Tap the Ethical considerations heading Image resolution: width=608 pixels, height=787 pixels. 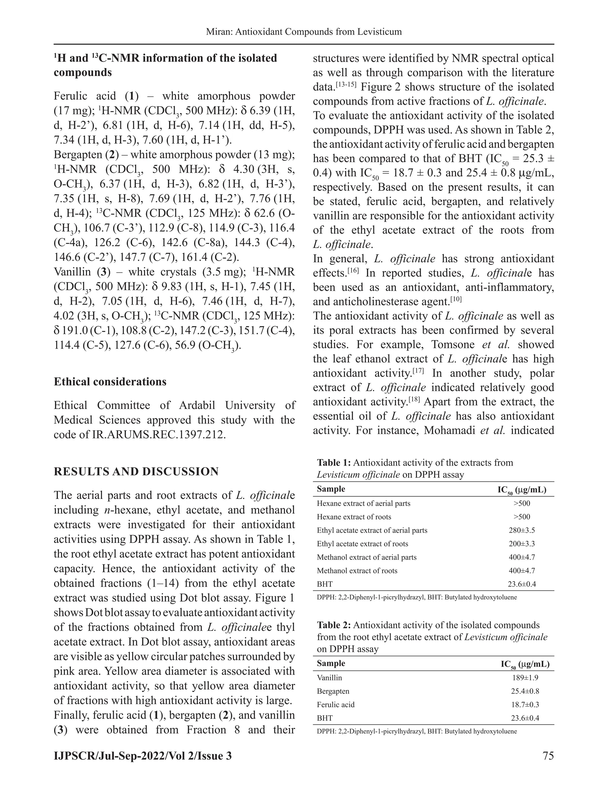pos(110,382)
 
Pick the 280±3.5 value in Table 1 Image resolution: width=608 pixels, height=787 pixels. pos(522,530)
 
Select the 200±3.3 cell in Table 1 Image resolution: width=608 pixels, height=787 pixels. pos(522,544)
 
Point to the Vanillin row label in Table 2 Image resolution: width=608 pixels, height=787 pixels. pos(329,678)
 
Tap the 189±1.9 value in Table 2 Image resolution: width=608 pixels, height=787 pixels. pos(525,678)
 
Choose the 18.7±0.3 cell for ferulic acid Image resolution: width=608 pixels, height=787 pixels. pos(525,704)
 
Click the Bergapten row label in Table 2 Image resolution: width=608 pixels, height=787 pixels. pos(333,691)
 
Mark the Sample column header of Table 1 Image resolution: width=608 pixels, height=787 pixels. pos(331,489)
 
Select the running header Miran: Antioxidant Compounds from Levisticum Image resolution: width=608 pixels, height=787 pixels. pos(304,32)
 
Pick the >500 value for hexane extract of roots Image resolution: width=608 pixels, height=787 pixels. pos(522,517)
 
